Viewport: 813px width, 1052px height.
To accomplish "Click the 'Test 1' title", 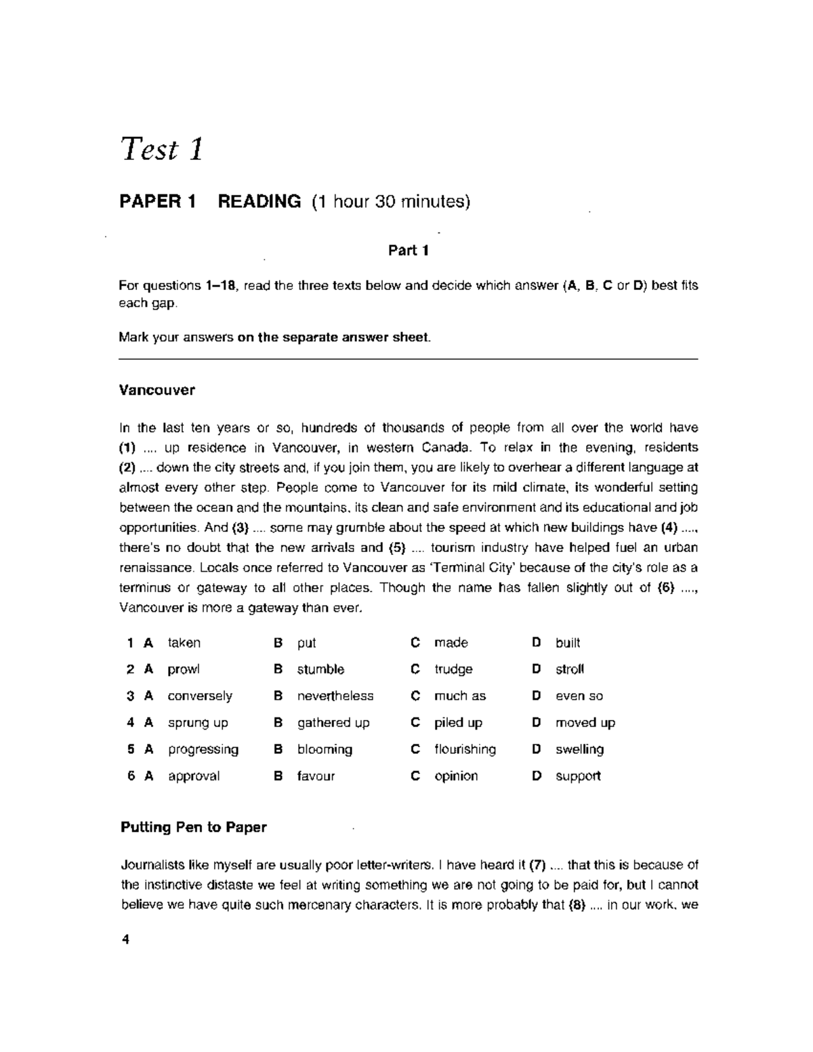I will click(161, 150).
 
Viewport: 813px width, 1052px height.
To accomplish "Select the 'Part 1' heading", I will click(408, 251).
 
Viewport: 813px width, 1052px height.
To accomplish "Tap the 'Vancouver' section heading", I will click(157, 390).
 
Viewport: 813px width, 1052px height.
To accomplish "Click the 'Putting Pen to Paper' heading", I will click(193, 827).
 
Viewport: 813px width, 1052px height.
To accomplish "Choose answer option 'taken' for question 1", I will click(184, 643).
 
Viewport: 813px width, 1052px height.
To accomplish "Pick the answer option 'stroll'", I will click(569, 669).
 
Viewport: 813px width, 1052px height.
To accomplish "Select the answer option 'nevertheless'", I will click(335, 696).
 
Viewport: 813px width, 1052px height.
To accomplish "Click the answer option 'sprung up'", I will click(198, 723).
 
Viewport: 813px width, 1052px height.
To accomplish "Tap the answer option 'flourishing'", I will click(465, 749).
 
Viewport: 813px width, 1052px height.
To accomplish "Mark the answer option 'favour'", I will click(316, 776).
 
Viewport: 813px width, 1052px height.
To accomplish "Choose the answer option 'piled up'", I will click(458, 723).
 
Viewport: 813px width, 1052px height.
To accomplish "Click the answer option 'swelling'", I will click(579, 749).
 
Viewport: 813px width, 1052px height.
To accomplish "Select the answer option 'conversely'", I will click(200, 696).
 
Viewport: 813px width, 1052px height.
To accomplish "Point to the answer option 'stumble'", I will click(320, 669).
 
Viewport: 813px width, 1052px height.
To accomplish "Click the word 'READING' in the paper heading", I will click(259, 201).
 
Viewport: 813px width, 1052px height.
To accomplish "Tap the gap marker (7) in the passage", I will click(537, 865).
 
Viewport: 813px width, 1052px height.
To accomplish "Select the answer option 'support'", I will click(578, 776).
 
